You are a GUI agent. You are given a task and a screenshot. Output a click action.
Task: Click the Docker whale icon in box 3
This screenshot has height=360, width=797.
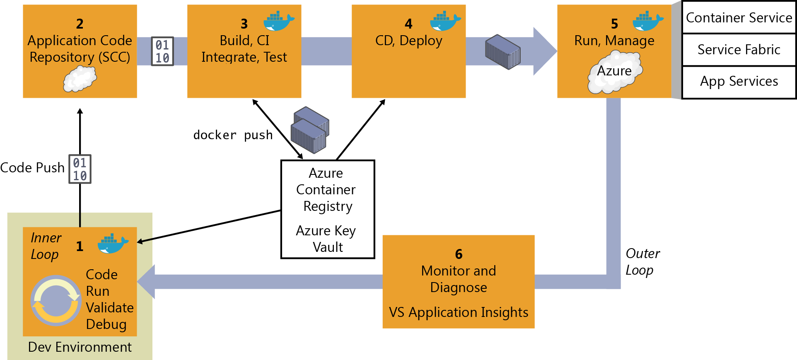(x=279, y=22)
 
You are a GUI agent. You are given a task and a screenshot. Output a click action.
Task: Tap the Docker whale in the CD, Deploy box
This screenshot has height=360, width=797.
(x=445, y=22)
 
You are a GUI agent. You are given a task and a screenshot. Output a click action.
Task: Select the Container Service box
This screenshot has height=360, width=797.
(x=739, y=18)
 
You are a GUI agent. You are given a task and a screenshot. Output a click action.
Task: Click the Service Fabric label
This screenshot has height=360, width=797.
(x=739, y=50)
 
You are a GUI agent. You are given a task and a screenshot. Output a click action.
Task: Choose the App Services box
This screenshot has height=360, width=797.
(x=739, y=81)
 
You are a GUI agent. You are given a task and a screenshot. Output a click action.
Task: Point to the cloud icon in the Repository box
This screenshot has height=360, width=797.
(x=80, y=79)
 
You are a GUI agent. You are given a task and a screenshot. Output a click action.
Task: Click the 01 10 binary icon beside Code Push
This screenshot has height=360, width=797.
(x=80, y=169)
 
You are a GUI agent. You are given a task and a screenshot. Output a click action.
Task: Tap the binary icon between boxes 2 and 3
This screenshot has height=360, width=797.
(x=162, y=51)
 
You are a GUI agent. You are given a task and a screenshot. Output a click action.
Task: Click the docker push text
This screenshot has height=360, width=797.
(x=233, y=135)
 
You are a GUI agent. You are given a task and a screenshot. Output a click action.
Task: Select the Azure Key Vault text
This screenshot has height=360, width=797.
(x=326, y=239)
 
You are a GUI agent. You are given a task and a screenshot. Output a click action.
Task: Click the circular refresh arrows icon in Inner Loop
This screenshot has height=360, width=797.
(x=56, y=300)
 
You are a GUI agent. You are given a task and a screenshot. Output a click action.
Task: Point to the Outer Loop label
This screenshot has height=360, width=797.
(x=642, y=261)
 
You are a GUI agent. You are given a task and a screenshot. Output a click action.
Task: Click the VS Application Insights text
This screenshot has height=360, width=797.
(x=458, y=312)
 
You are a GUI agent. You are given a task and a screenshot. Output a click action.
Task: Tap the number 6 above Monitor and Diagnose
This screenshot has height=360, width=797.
(x=459, y=254)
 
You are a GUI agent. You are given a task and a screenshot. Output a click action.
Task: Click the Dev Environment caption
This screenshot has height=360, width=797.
(x=80, y=347)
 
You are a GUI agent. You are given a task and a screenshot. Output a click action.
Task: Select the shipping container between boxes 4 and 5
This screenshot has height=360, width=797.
(x=503, y=52)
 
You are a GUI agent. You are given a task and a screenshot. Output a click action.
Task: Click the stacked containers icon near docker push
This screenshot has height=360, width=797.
(x=310, y=130)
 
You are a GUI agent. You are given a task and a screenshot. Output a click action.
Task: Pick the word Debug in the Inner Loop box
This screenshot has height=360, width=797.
(x=106, y=324)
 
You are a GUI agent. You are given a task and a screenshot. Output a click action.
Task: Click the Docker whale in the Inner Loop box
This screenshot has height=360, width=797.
(x=112, y=244)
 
